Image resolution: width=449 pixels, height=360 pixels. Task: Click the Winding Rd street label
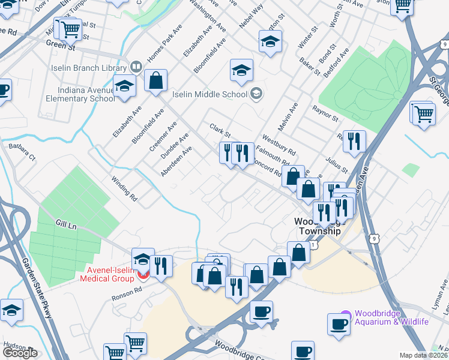pos(125,188)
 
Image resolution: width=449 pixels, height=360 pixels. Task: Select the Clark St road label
pos(220,130)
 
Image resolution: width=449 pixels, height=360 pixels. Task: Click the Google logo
pos(20,352)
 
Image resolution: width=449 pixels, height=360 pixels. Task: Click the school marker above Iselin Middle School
pos(241,70)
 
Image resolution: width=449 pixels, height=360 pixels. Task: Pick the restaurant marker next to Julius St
pos(354,141)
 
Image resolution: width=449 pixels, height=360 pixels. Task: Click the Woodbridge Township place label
pos(318,226)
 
